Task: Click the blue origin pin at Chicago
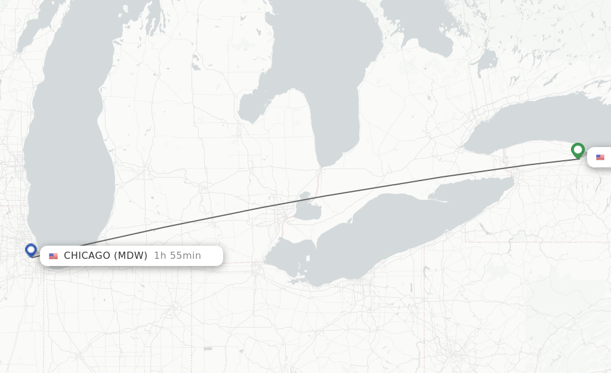point(31,249)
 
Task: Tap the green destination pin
point(578,149)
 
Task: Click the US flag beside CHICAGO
point(54,256)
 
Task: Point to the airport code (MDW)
point(131,256)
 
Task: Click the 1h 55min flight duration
point(177,256)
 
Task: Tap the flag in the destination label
point(600,157)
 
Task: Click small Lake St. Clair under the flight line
point(308,209)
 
